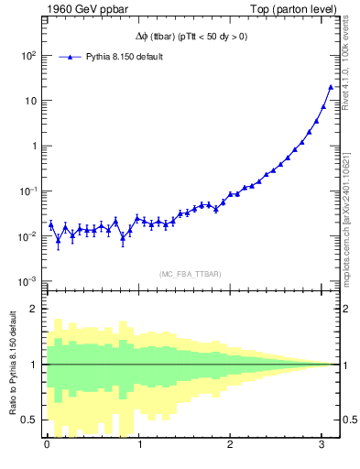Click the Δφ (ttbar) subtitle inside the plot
pyautogui.click(x=187, y=37)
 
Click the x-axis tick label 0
pyautogui.click(x=47, y=445)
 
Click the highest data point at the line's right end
pyautogui.click(x=331, y=87)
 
